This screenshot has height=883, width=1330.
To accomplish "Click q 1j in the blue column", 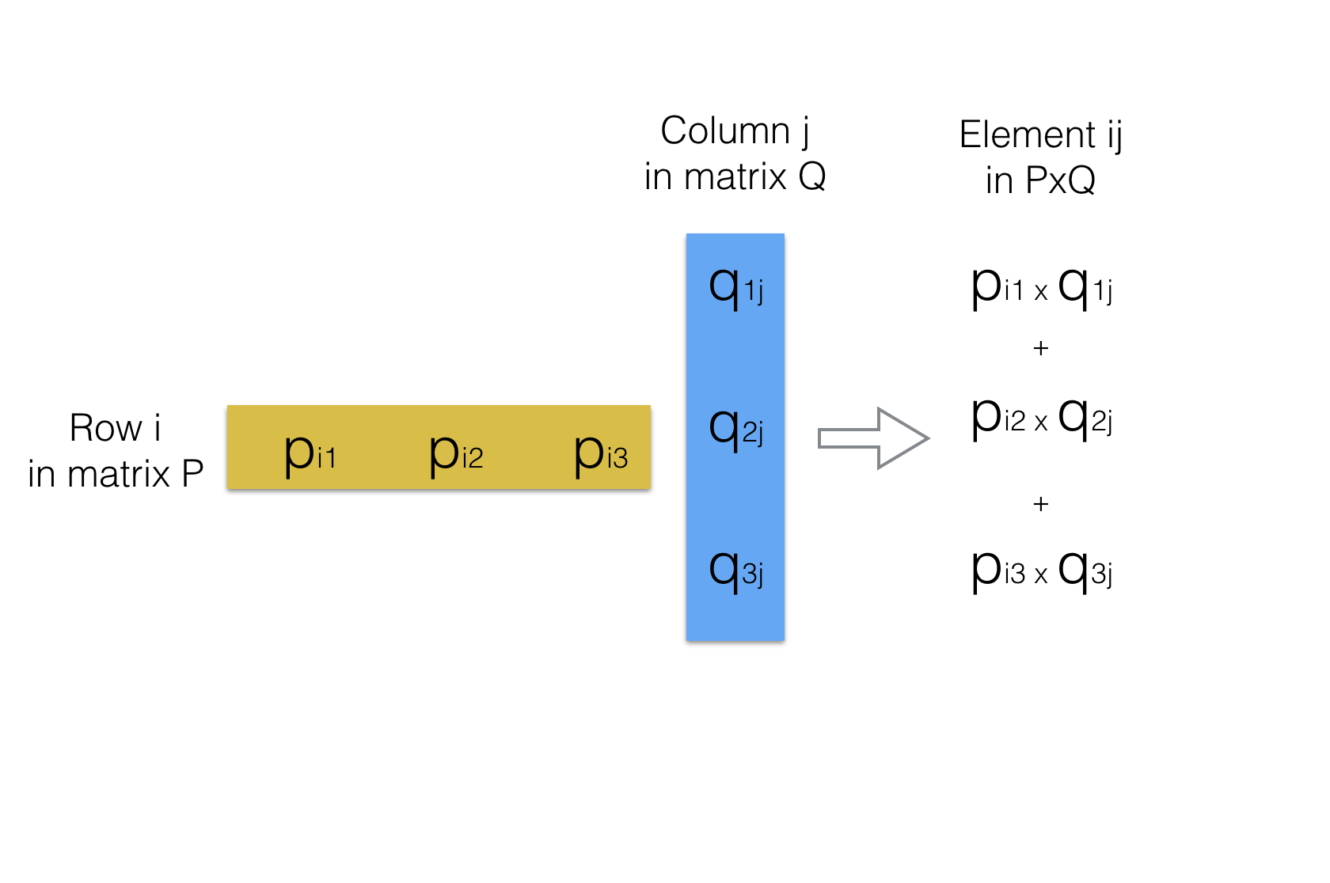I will point(735,288).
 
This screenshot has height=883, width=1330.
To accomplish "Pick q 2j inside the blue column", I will point(735,429).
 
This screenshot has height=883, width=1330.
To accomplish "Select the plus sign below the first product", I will point(1041,348).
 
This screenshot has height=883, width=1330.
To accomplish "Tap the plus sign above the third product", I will point(1041,504).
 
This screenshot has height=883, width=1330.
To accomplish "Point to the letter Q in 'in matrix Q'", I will point(812,176).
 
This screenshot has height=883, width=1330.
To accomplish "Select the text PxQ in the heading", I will point(1061,180).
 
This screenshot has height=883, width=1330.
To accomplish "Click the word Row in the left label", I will point(105,429).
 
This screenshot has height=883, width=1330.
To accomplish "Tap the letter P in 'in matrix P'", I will point(192,475).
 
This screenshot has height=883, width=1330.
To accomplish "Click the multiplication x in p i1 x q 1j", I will point(1041,293).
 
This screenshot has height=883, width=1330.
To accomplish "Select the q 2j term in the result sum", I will point(1085,419).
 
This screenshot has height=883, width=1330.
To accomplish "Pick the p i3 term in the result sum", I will point(997,571).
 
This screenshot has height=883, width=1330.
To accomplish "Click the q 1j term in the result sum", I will point(1085,288).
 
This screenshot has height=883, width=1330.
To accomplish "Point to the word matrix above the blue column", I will point(735,176).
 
